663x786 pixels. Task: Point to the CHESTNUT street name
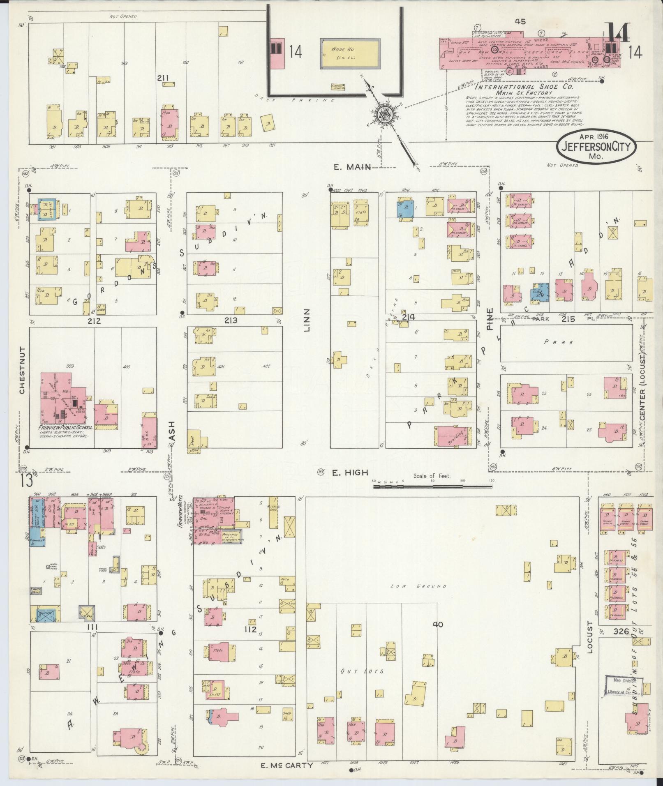(x=22, y=370)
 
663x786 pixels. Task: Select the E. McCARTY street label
(x=287, y=765)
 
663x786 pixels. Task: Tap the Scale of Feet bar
(x=432, y=486)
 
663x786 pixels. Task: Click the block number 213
(x=231, y=320)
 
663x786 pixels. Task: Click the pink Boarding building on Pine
(x=453, y=436)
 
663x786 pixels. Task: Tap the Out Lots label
(x=362, y=671)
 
